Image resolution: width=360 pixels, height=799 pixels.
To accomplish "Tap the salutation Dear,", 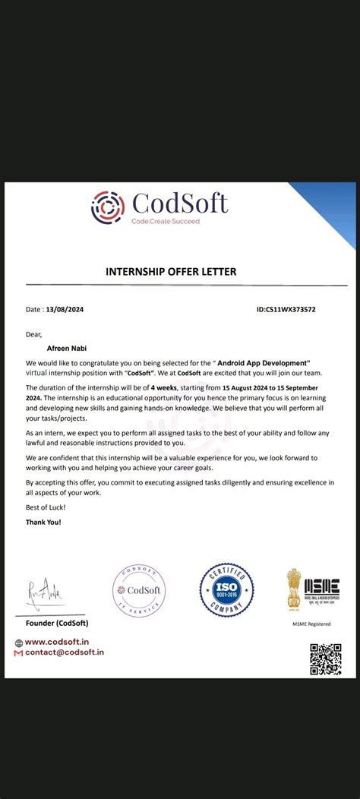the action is point(34,333).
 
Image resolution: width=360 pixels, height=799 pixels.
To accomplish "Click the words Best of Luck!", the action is point(46,507).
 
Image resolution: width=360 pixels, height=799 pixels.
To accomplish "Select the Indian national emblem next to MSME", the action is point(293,589).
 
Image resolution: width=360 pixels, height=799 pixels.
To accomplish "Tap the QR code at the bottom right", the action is point(324,658).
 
